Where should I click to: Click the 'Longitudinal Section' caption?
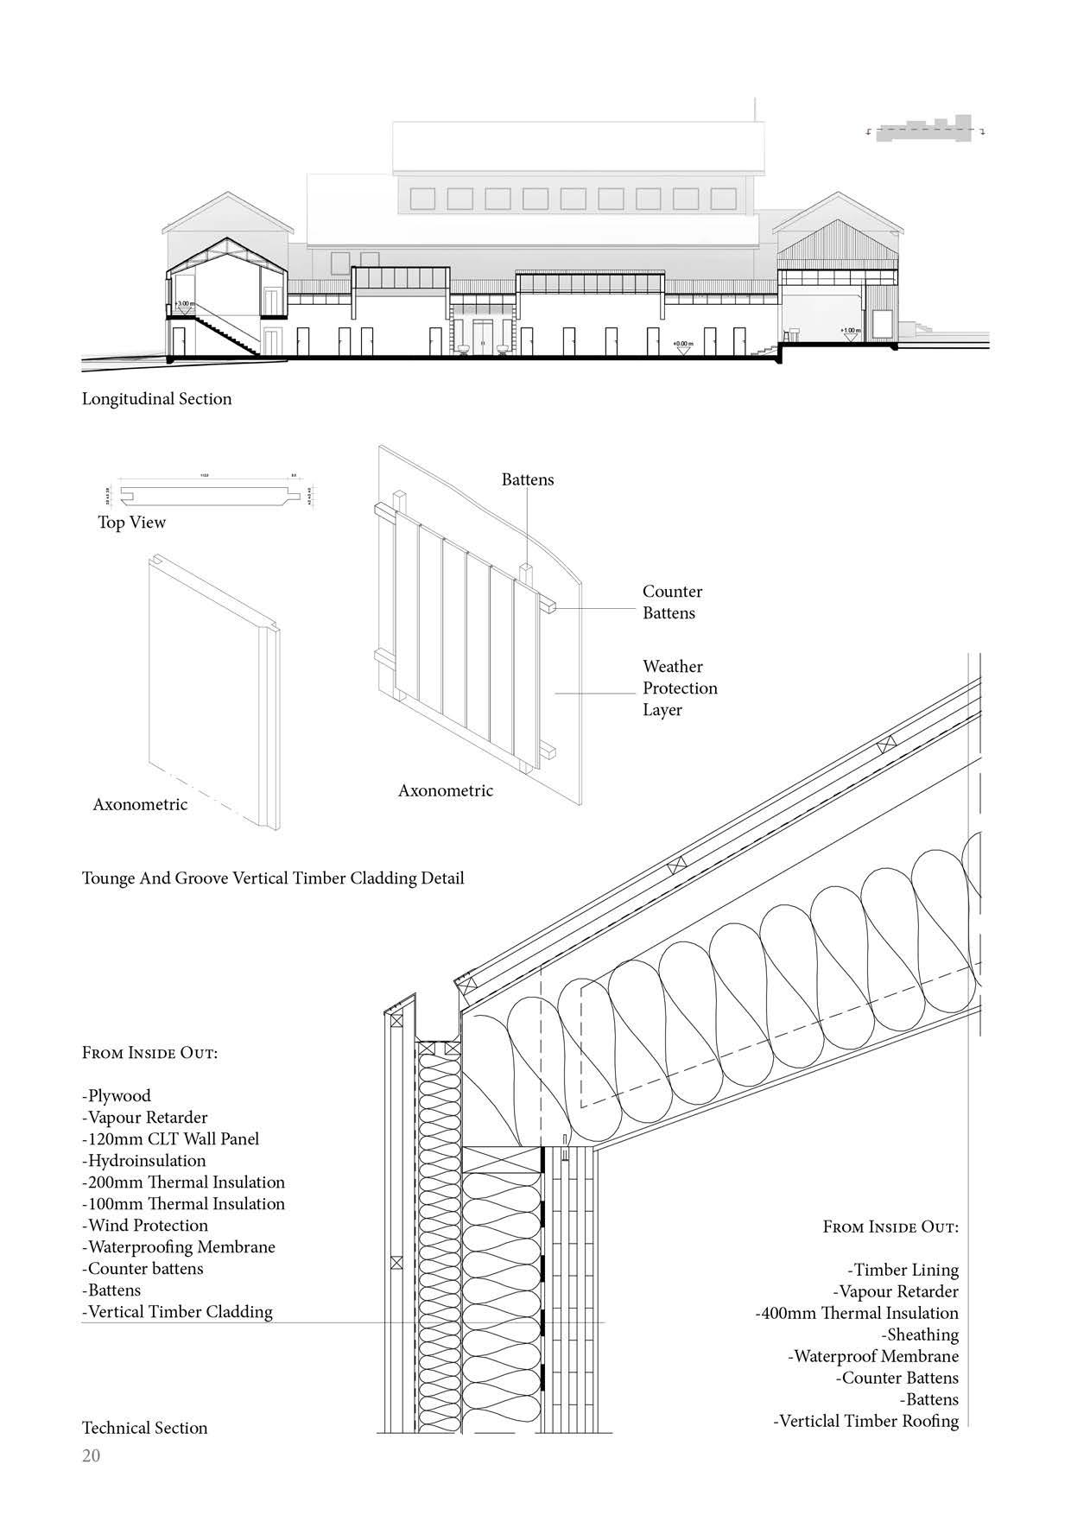156,398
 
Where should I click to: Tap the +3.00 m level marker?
185,305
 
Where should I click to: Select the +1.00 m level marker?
850,331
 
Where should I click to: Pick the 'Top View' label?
131,522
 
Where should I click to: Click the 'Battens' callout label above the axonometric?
528,479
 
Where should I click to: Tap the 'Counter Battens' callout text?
672,602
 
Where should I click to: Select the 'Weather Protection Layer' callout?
680,688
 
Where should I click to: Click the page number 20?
91,1455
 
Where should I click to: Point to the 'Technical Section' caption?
144,1427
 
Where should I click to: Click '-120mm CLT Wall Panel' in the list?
170,1138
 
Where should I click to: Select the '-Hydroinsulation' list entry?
144,1160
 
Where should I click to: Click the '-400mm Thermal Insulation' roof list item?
857,1313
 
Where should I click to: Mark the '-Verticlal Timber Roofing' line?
865,1421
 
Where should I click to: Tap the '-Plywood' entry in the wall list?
117,1095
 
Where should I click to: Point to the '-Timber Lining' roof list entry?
903,1270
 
